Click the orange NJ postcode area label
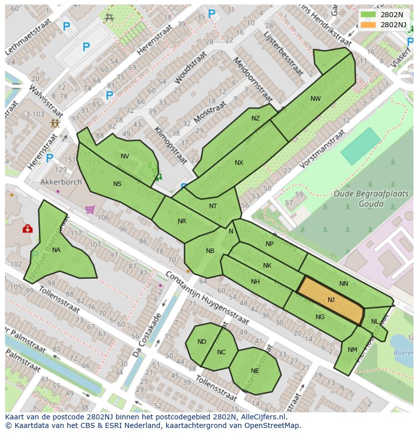click(x=331, y=300)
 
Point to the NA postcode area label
click(x=56, y=250)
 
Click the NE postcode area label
click(x=255, y=371)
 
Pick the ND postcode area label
click(x=202, y=342)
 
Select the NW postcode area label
click(x=316, y=99)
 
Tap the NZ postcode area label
click(x=255, y=118)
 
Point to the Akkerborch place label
click(x=61, y=182)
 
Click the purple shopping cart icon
click(x=90, y=209)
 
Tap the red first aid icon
click(x=27, y=229)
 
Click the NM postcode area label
click(x=352, y=349)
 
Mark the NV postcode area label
click(x=125, y=156)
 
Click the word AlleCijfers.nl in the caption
click(x=262, y=417)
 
